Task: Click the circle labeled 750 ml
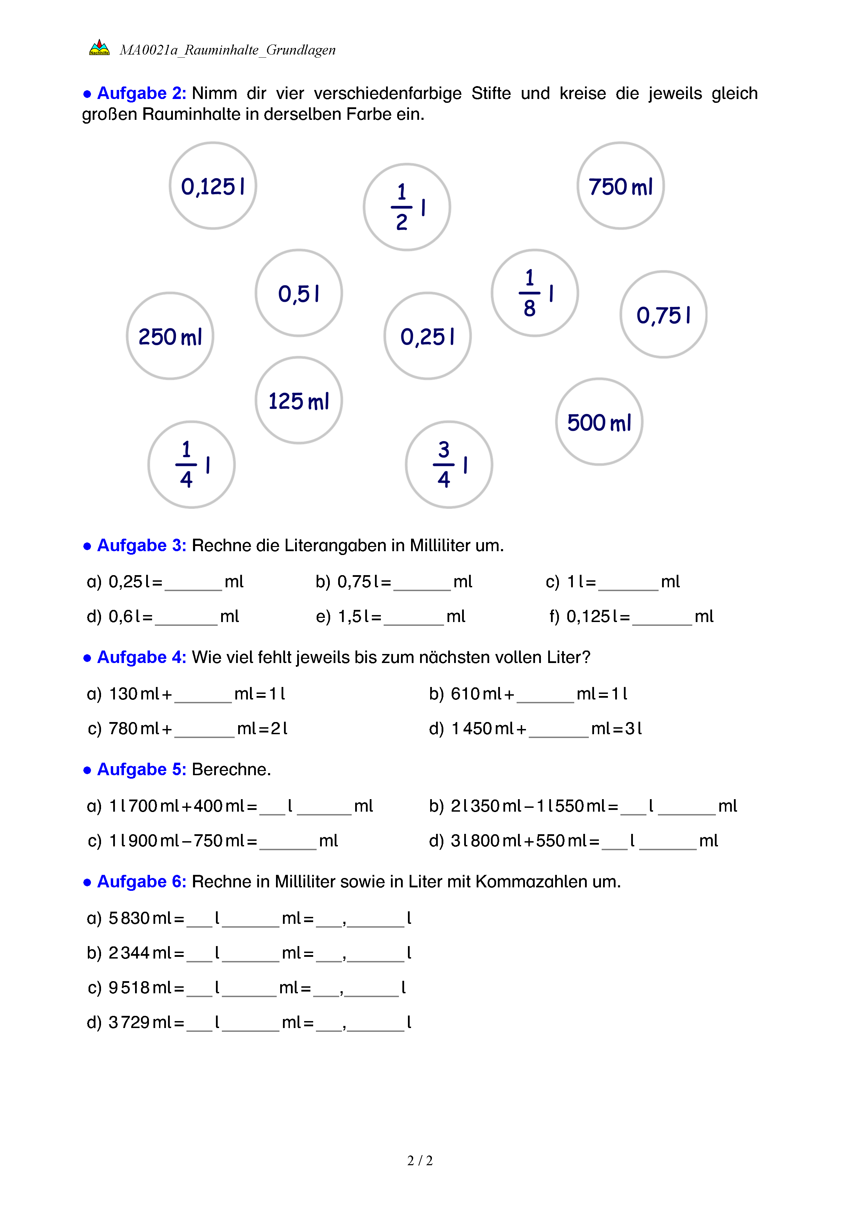620,186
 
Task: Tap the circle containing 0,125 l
212,186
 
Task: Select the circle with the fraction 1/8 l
534,293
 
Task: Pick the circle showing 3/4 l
449,465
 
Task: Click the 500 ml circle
599,422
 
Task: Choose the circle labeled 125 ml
299,400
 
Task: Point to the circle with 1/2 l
407,207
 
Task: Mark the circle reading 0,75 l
663,315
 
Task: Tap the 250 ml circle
170,336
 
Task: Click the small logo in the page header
99,48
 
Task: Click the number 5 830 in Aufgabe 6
129,918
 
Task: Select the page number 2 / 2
420,1161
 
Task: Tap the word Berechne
231,769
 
